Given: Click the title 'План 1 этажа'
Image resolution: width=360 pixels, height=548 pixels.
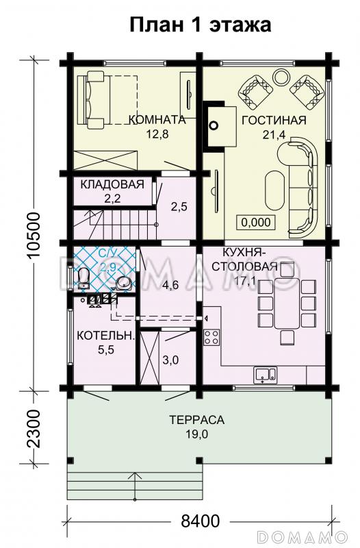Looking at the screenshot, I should click(201, 25).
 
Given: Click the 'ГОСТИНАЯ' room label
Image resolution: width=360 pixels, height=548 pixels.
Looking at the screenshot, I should click(263, 120).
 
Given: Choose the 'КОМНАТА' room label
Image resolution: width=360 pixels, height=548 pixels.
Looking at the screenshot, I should click(157, 120).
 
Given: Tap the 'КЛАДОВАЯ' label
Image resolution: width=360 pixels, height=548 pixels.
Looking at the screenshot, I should click(112, 184).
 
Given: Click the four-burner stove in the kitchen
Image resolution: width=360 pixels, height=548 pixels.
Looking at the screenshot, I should click(211, 337).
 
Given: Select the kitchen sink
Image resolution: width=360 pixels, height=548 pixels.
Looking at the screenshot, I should click(265, 374).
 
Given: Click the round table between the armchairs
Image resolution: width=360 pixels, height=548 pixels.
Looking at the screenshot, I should click(281, 76).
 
